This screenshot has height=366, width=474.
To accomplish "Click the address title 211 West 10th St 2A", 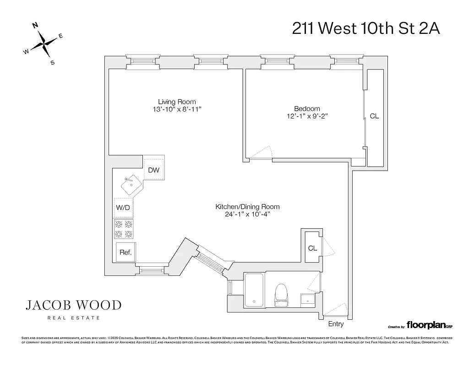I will [x=366, y=28].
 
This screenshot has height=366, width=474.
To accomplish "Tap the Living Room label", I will [x=177, y=102].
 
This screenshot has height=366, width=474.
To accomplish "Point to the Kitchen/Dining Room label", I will [x=247, y=207].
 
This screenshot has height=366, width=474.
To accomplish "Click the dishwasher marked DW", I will [x=154, y=170].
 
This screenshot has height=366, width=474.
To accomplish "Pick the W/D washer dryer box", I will [x=123, y=208].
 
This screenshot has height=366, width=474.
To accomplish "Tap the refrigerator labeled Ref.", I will [x=125, y=252].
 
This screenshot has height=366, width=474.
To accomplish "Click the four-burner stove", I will [x=124, y=229].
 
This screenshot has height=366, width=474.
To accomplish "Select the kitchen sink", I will [x=132, y=185].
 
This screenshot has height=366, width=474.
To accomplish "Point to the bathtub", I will [x=254, y=290].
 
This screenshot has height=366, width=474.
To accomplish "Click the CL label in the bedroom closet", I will [x=374, y=116].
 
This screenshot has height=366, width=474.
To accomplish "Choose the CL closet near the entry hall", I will [x=312, y=248].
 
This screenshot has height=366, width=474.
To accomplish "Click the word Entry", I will [x=336, y=324].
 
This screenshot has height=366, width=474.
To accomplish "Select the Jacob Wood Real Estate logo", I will [x=73, y=309].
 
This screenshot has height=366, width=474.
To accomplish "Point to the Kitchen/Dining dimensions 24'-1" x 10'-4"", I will [x=247, y=215].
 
